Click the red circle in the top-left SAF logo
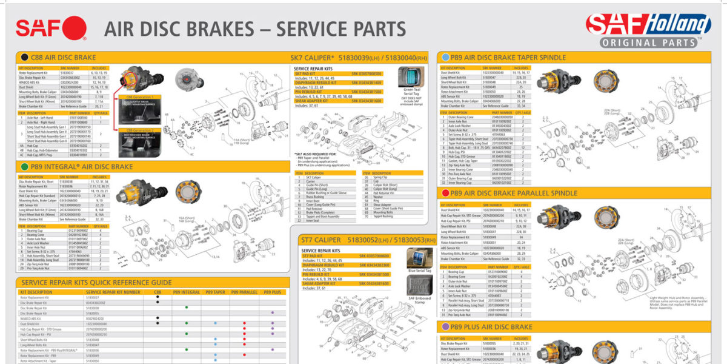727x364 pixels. click(75, 28)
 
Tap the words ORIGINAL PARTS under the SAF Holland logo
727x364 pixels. click(648, 43)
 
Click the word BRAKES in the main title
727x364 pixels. click(232, 29)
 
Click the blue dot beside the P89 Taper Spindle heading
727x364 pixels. click(446, 58)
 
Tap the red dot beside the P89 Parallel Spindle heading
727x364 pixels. click(446, 193)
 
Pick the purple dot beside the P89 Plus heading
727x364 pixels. click(446, 326)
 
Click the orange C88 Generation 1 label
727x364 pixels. click(140, 97)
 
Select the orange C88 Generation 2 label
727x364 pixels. click(140, 130)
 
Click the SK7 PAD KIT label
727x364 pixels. click(308, 73)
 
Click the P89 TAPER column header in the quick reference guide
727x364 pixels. click(215, 292)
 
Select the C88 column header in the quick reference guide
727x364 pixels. click(158, 292)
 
